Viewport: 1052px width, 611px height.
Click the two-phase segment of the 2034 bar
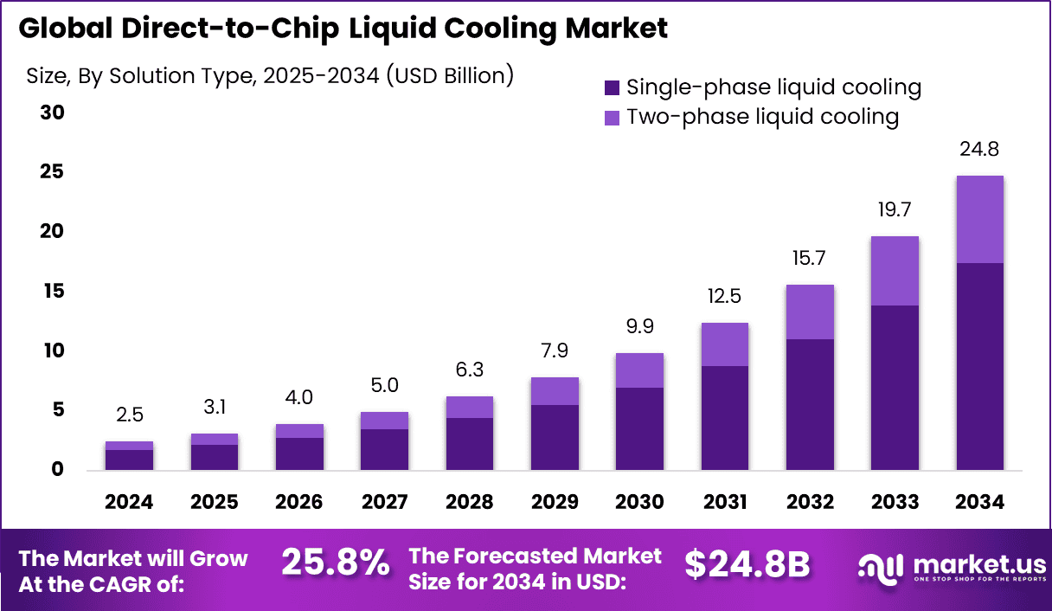pos(979,220)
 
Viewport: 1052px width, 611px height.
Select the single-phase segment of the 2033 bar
pos(895,388)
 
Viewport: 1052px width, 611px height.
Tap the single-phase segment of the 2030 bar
pos(639,428)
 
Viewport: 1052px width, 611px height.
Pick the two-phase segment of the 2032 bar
pos(810,312)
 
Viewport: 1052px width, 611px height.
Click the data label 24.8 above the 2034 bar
pos(979,151)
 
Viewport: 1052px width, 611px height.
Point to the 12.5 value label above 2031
pos(724,298)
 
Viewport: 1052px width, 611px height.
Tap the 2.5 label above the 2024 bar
pos(130,416)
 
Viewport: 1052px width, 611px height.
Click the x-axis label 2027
pos(384,502)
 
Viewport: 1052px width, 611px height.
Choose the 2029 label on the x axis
pos(555,502)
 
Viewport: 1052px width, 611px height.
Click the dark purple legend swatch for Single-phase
pos(613,87)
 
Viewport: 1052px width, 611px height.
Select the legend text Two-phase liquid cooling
pos(762,117)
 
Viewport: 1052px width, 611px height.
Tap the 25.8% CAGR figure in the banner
pos(336,564)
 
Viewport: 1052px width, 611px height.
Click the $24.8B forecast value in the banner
pos(747,564)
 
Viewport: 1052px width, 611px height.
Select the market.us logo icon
pos(881,566)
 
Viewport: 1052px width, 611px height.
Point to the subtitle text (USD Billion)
pos(450,75)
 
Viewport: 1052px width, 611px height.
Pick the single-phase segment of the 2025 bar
pos(215,457)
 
